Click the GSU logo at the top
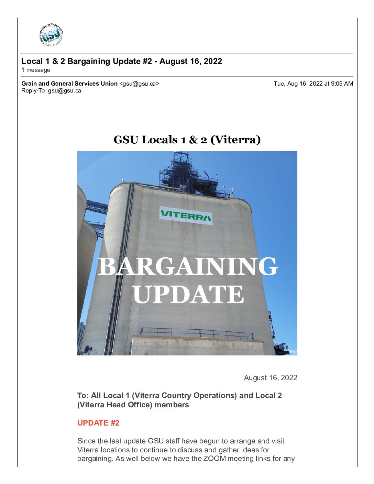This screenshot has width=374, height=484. tap(51, 35)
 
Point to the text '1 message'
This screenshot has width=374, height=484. tap(36, 70)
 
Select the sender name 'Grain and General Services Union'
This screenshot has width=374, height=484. tap(69, 84)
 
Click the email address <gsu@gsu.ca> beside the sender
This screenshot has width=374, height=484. tap(139, 84)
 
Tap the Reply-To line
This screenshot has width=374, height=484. tap(51, 91)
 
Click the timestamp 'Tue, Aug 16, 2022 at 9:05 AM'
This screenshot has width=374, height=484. tap(313, 84)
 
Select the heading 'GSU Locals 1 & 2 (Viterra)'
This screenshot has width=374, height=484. tap(187, 140)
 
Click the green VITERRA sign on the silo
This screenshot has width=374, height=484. tap(186, 216)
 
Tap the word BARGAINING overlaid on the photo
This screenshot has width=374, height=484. tap(187, 266)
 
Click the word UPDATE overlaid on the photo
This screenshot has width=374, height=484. tap(188, 294)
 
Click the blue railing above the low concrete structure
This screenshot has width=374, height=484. tap(196, 332)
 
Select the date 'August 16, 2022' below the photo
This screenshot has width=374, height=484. tap(270, 378)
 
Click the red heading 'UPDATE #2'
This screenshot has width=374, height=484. tap(98, 423)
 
